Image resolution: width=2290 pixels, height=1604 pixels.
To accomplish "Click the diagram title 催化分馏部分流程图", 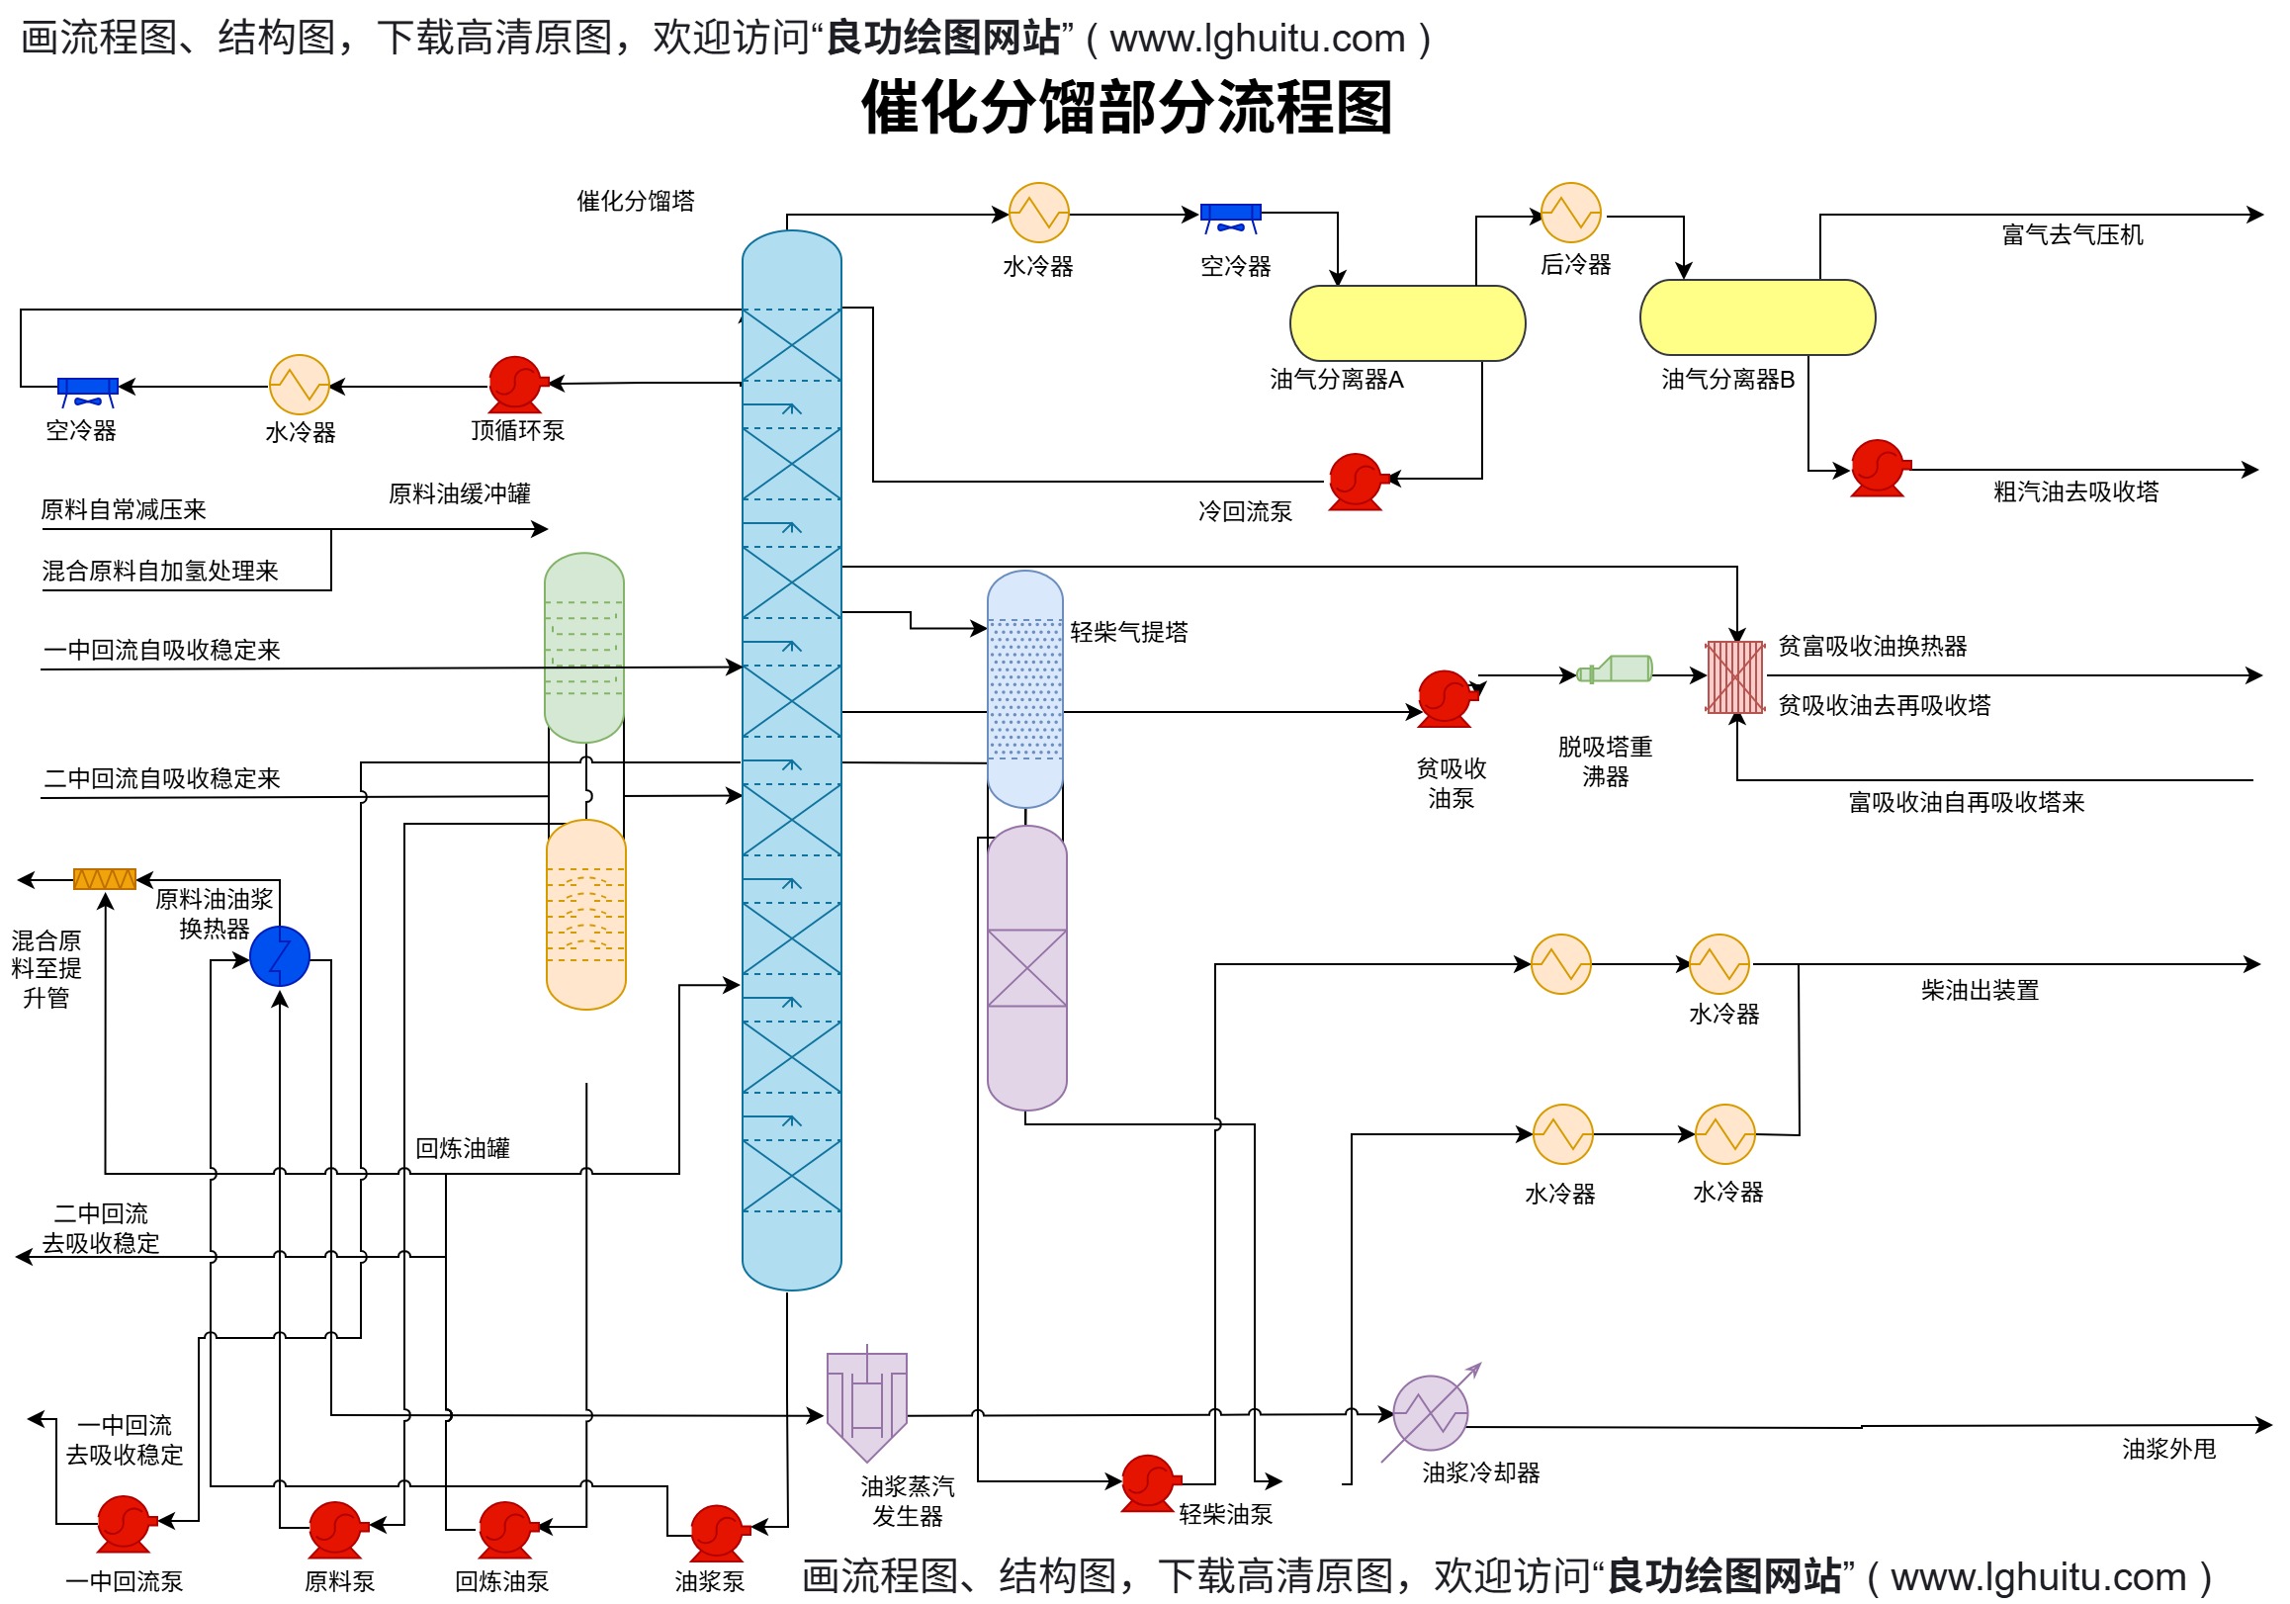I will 1126,107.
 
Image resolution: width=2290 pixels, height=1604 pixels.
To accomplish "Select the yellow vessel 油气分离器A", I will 1406,323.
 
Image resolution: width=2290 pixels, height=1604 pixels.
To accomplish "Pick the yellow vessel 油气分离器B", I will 1756,317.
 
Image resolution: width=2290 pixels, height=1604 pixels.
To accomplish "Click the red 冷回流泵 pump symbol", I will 1357,482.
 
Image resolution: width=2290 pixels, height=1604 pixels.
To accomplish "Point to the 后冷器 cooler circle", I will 1570,213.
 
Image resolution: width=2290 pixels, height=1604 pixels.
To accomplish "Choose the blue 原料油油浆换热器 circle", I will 279,955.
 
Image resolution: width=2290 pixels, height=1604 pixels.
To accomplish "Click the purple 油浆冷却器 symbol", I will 1429,1412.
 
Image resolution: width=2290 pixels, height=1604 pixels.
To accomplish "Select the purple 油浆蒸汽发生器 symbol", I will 866,1404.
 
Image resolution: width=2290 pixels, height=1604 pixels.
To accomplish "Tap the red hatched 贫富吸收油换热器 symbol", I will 1735,677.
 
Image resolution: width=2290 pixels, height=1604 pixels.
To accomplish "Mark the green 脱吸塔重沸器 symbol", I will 1617,669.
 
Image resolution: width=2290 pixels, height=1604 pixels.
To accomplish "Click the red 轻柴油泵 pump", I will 1148,1482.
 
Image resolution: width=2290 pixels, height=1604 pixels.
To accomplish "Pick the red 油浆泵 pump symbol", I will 717,1532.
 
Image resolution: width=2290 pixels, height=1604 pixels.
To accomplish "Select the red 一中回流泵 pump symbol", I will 124,1523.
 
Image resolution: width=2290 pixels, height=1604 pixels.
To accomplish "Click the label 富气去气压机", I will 2071,235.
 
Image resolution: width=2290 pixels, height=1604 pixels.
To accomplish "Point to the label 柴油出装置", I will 1979,991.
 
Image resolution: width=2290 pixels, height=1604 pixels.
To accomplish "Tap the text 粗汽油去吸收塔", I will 2074,491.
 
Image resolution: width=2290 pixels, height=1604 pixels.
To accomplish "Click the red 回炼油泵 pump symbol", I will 505,1529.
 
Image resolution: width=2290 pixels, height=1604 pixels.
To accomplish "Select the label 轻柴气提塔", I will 1128,633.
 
